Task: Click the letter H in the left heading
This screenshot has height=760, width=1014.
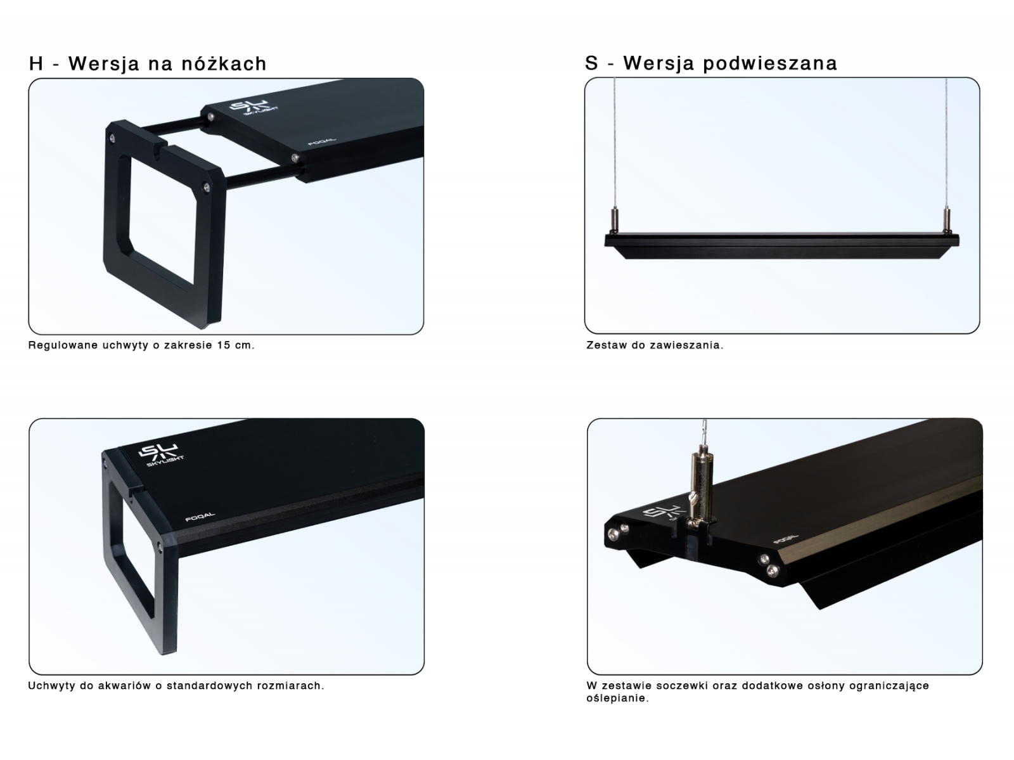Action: (x=35, y=64)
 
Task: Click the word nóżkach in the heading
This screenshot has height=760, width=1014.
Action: (x=224, y=63)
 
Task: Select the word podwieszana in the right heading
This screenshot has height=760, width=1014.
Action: (x=770, y=64)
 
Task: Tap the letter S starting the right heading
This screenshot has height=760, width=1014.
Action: (x=591, y=63)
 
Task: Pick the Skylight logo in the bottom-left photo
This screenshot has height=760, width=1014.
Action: (x=160, y=456)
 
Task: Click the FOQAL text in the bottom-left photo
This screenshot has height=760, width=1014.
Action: (x=200, y=517)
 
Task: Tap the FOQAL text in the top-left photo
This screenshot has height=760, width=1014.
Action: (x=322, y=142)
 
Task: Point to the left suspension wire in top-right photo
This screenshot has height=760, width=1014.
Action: (x=615, y=144)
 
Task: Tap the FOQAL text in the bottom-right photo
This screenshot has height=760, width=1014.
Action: (x=786, y=539)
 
